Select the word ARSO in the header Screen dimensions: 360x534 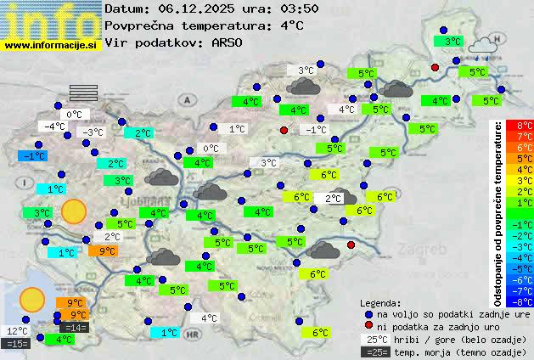point(228,42)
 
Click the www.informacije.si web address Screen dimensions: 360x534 point(51,44)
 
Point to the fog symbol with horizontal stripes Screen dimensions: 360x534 point(83,92)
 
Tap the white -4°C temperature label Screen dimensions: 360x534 point(54,127)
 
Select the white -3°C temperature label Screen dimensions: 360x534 point(91,132)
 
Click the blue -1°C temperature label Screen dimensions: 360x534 point(33,156)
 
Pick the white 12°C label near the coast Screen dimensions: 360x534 point(17,331)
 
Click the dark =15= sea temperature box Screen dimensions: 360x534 point(16,344)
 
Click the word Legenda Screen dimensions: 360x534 point(380,302)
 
